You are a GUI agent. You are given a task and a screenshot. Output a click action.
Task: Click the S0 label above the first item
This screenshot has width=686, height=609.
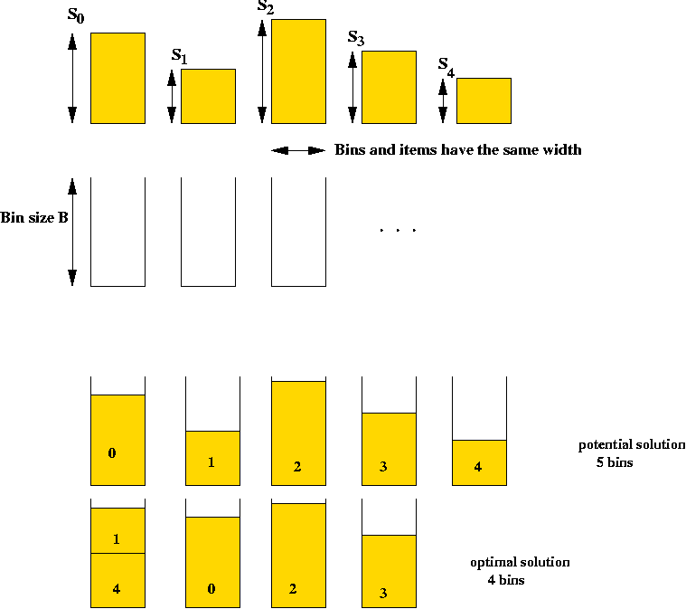coord(76,14)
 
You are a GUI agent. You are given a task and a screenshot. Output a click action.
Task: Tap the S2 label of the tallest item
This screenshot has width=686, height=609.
coord(266,7)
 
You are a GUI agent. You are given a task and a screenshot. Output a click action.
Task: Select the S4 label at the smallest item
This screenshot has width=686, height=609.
coord(446,68)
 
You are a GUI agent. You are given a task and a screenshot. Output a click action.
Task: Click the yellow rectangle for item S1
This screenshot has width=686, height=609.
coord(208,97)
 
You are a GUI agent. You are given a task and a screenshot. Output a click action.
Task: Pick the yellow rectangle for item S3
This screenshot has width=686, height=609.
coord(389,87)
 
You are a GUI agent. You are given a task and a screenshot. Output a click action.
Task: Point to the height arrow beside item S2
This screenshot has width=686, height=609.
coord(262,71)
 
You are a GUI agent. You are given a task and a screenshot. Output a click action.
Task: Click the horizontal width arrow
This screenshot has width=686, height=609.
coord(298,151)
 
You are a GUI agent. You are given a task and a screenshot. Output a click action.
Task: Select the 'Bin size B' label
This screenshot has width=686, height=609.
coord(34,218)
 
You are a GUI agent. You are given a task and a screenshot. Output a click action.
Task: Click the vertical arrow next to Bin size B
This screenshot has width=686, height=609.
coord(72,232)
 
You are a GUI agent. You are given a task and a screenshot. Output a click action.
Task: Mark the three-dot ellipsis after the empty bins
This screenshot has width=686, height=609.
coord(398,230)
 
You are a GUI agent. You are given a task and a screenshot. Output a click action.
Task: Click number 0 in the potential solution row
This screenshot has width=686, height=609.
coord(112,453)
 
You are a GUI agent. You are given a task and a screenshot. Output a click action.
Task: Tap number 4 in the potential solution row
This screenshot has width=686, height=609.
coord(478,467)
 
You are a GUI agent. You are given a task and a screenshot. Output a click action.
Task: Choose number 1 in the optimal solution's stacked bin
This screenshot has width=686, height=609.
coord(116,539)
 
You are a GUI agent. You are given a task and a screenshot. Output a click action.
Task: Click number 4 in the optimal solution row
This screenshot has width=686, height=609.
coord(116,589)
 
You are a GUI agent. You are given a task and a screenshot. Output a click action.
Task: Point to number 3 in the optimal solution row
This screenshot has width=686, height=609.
coord(383,594)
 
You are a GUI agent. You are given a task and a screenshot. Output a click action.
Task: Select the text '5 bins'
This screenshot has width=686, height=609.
coord(615,462)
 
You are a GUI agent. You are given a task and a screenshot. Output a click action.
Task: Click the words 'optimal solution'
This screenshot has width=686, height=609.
coord(521,563)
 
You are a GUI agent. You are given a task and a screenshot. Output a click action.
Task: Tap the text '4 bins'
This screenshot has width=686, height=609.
coord(506,580)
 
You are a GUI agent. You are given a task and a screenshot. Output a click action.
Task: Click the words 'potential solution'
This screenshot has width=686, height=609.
coord(632,445)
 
